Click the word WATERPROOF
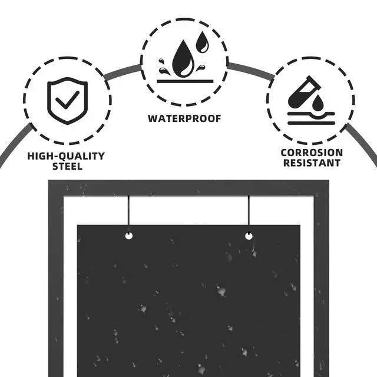[x=184, y=118]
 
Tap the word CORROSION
[x=312, y=153]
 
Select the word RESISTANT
[x=312, y=163]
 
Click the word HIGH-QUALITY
[x=66, y=156]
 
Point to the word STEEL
[x=67, y=166]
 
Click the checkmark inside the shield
[x=67, y=100]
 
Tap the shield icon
[x=67, y=101]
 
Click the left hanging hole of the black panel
[x=129, y=236]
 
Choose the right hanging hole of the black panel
[x=249, y=236]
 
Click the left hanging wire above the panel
[x=129, y=213]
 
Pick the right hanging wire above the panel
[x=249, y=213]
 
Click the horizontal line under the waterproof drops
[x=185, y=81]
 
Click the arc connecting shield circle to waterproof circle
[x=123, y=71]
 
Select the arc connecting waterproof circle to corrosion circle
[x=251, y=70]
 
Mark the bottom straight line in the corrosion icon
[x=312, y=123]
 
